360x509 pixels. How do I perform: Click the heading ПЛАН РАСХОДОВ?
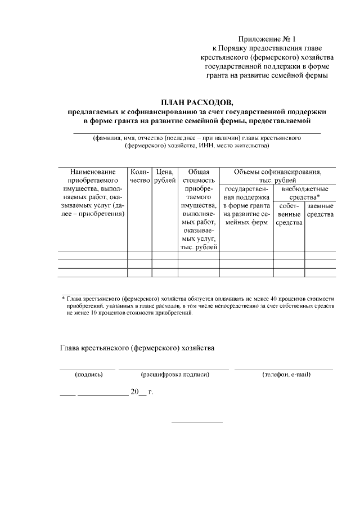click(196, 102)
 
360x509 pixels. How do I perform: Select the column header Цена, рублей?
click(165, 176)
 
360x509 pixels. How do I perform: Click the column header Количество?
click(138, 176)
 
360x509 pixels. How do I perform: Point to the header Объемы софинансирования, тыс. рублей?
click(277, 176)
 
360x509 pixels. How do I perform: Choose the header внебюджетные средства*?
click(304, 193)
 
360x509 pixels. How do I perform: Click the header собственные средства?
click(289, 214)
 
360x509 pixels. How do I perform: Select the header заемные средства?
click(321, 210)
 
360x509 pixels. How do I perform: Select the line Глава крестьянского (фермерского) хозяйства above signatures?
click(137, 348)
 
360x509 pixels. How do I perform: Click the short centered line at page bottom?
click(196, 422)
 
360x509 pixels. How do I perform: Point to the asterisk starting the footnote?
click(63, 298)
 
